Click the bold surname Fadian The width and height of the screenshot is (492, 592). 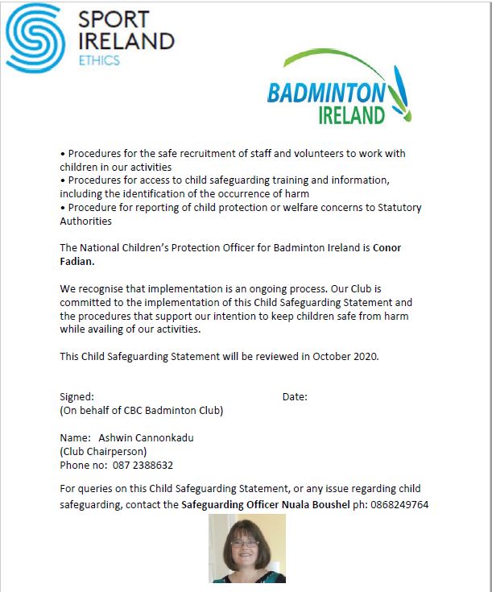(x=78, y=261)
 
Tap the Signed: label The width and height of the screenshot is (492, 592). (x=77, y=397)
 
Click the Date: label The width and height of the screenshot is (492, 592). (x=295, y=397)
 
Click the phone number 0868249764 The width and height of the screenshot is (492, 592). (x=400, y=505)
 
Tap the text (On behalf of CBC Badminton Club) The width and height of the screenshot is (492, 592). (x=142, y=411)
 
